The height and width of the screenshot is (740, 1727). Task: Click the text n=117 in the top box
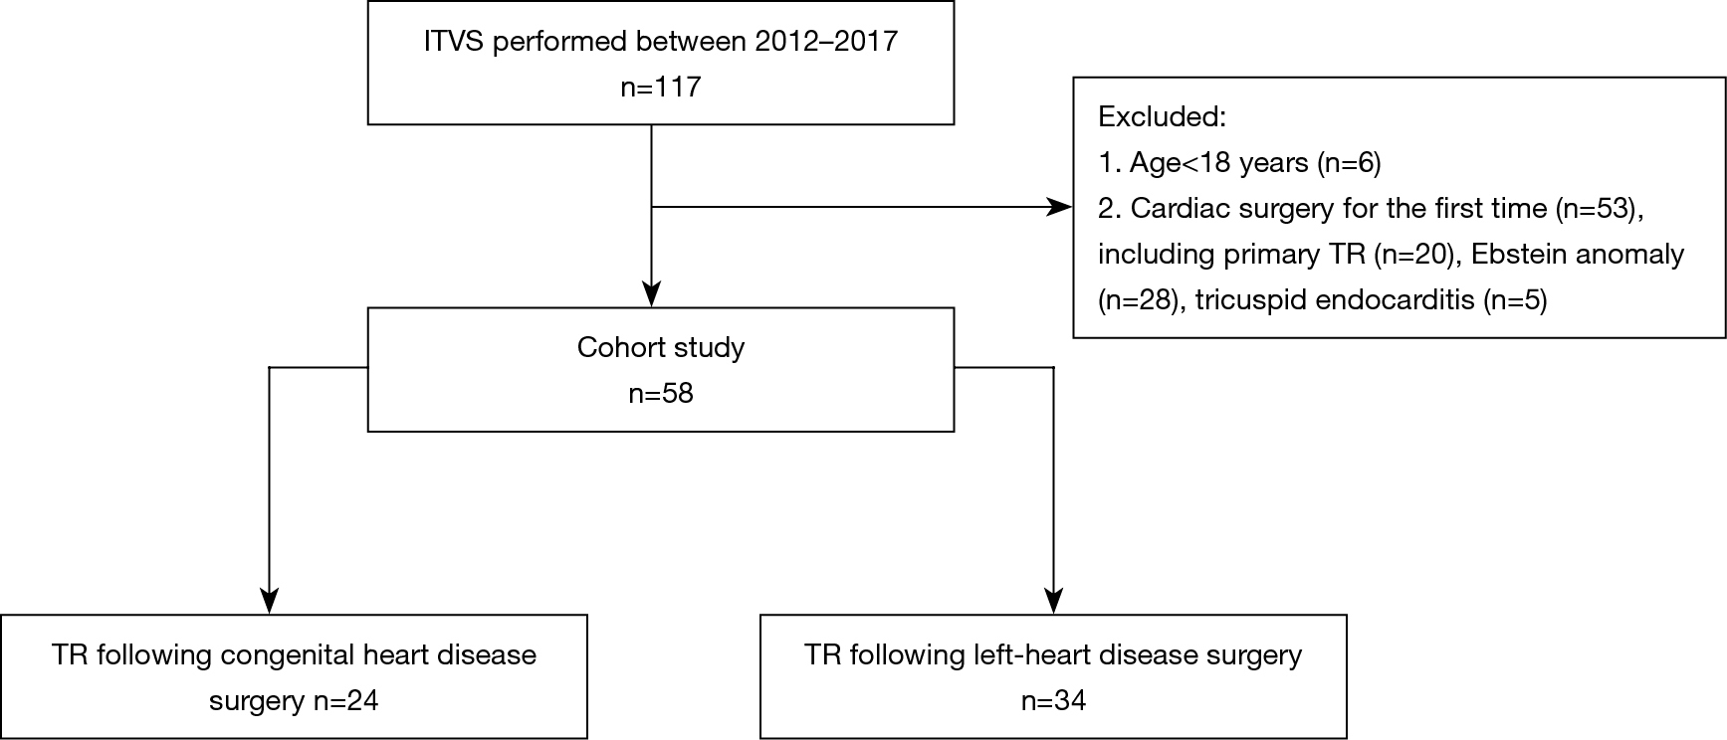pyautogui.click(x=661, y=87)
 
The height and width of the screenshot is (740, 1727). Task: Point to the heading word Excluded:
pyautogui.click(x=1162, y=117)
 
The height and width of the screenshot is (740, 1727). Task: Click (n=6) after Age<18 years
pyautogui.click(x=1349, y=163)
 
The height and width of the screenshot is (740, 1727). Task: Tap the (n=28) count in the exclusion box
pyautogui.click(x=1139, y=300)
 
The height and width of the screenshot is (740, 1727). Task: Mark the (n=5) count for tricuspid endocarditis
pyautogui.click(x=1515, y=300)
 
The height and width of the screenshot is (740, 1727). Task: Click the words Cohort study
pyautogui.click(x=661, y=348)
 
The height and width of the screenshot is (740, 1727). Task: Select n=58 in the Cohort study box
pyautogui.click(x=661, y=394)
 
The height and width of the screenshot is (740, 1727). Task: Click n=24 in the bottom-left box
pyautogui.click(x=346, y=701)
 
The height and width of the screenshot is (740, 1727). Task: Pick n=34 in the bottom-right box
pyautogui.click(x=1053, y=701)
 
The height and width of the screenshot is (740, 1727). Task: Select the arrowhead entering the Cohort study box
pyautogui.click(x=651, y=295)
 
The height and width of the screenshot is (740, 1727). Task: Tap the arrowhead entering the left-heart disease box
pyautogui.click(x=1053, y=602)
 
